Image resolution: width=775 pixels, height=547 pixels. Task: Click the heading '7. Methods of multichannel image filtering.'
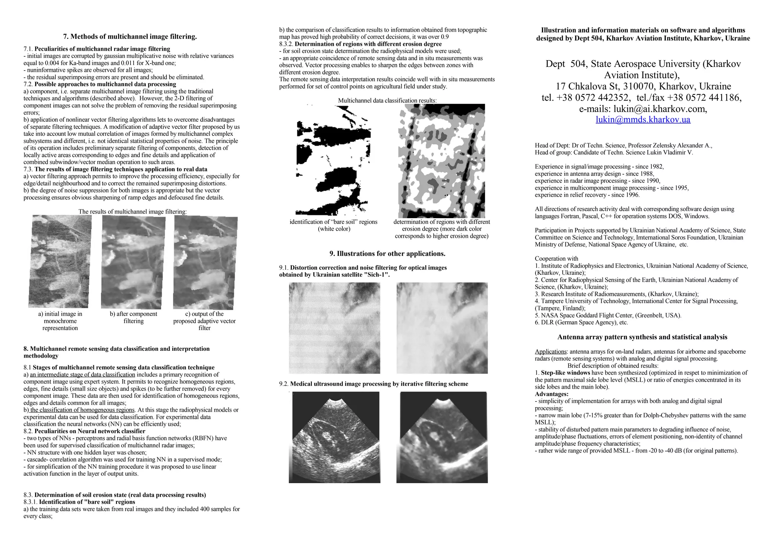(130, 37)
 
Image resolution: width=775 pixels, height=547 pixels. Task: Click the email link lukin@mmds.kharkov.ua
(643, 120)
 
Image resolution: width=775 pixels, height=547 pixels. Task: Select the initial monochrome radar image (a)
(60, 261)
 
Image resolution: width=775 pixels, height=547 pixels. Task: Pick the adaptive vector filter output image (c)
(205, 263)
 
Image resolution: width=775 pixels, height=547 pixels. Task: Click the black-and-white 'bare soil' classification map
(333, 160)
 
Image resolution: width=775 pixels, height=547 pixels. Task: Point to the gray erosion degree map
(441, 161)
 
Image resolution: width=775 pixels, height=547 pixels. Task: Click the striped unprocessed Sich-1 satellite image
(334, 328)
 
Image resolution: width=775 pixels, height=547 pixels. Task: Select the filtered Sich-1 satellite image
(442, 328)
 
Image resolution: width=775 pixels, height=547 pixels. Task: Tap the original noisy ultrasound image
(334, 437)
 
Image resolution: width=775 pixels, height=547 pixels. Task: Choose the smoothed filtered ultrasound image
(442, 437)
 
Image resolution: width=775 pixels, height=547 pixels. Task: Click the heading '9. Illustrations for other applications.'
(387, 254)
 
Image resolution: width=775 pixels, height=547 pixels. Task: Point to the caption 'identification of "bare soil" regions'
(333, 222)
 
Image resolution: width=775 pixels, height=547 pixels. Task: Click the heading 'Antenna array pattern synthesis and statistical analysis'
(642, 337)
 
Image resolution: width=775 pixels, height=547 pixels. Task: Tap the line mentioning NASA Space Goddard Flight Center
(608, 315)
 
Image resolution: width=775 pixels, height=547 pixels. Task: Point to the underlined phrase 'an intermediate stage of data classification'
(82, 375)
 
